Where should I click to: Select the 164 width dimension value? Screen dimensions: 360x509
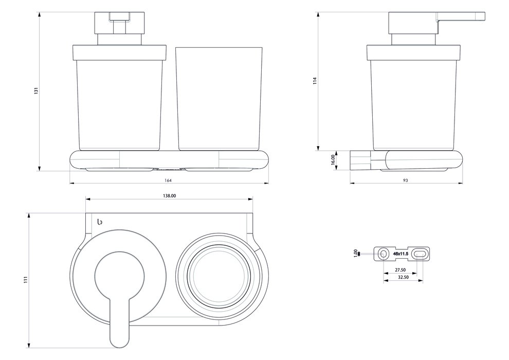(168, 179)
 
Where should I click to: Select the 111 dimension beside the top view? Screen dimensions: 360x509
(25, 279)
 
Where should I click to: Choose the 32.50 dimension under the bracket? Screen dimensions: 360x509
(404, 277)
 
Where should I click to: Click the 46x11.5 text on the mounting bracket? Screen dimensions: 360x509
(401, 254)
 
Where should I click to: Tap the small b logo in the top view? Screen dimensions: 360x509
(100, 221)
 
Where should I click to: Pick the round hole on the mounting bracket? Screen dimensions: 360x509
(383, 254)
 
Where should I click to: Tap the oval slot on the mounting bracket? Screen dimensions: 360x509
(420, 254)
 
